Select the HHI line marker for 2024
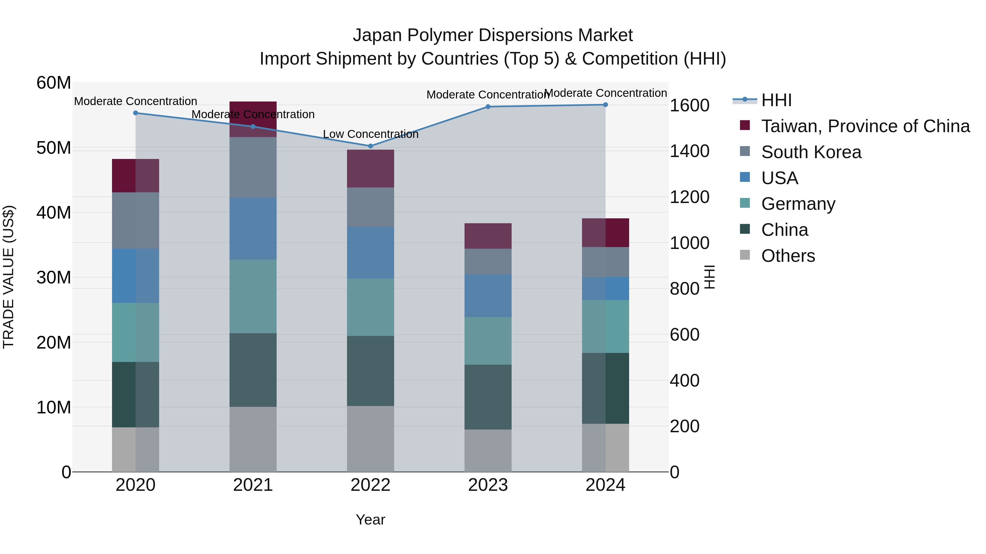point(605,105)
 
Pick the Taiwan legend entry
point(865,126)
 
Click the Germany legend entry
point(798,204)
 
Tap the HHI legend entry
point(776,100)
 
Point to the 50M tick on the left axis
point(54,148)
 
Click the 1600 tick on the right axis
point(689,106)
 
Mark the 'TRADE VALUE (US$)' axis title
point(8,277)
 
